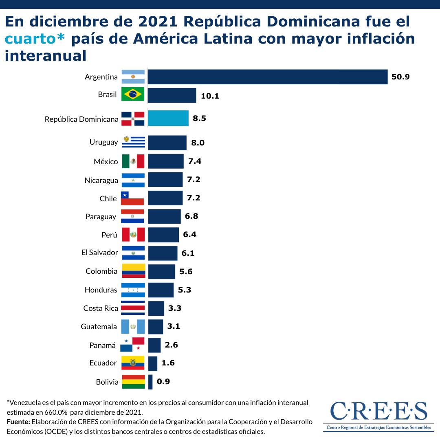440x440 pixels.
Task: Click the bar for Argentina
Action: (267, 77)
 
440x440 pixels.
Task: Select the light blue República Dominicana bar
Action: (168, 118)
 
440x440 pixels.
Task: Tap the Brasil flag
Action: (133, 94)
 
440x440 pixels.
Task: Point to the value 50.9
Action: (400, 77)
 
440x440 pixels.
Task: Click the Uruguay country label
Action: (103, 142)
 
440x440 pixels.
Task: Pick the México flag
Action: (133, 161)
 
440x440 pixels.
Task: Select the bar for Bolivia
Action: (150, 382)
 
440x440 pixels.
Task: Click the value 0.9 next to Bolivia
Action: (163, 382)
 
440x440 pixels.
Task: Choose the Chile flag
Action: (133, 198)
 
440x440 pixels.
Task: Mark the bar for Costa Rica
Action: (156, 308)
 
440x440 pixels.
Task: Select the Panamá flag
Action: (133, 345)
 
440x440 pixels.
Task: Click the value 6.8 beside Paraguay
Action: (191, 216)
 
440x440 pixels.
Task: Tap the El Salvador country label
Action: (100, 253)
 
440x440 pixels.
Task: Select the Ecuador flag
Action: (133, 363)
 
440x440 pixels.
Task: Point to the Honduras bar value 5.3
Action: (185, 290)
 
